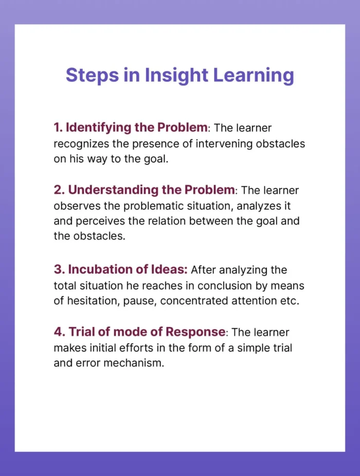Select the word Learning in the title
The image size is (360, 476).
[x=254, y=75]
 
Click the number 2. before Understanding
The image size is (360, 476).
[x=59, y=190]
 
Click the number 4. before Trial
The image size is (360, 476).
[x=59, y=332]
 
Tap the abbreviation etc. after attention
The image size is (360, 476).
[x=289, y=301]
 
